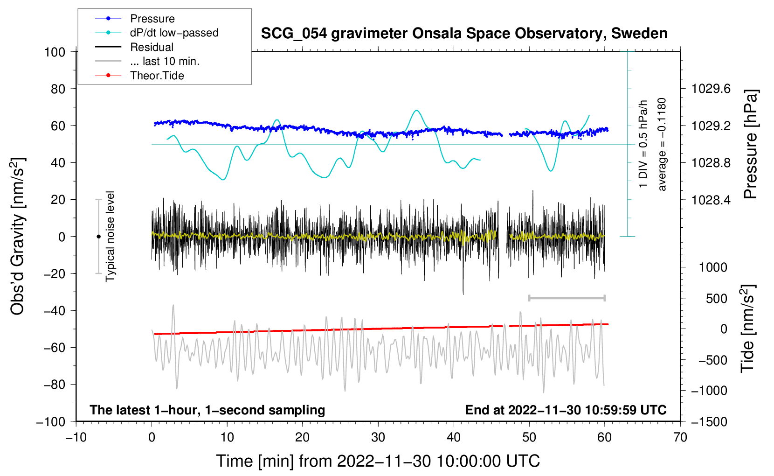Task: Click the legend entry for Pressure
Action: (135, 18)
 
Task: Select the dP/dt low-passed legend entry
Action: (157, 33)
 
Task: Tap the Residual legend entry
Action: (134, 47)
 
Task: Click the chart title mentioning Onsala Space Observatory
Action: (464, 34)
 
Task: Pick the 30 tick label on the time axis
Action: (378, 437)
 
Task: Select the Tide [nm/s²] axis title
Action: (748, 329)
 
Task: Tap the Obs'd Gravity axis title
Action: (17, 237)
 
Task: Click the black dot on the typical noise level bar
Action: (98, 237)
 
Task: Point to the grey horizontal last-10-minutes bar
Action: (567, 298)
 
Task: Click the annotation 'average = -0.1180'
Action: (661, 144)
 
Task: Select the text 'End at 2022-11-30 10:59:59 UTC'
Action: (566, 410)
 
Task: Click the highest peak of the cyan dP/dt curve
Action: (417, 110)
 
